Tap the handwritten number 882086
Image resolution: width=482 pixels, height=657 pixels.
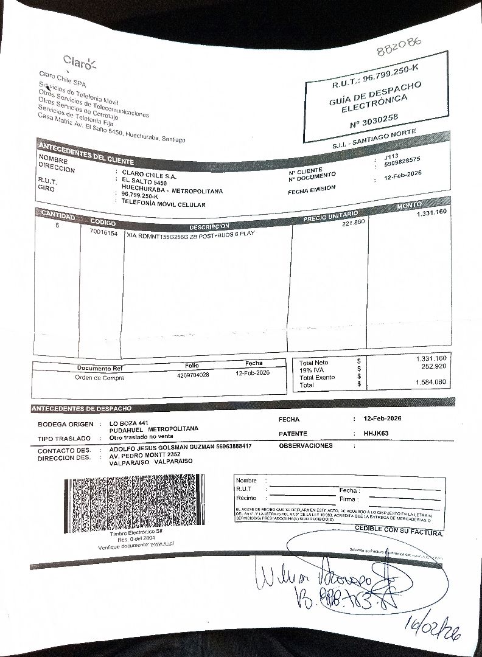coord(399,46)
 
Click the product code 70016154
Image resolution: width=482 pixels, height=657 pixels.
coord(103,233)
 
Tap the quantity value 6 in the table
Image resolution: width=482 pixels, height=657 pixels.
coord(57,224)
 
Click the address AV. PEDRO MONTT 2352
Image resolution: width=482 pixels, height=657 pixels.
coord(144,454)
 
